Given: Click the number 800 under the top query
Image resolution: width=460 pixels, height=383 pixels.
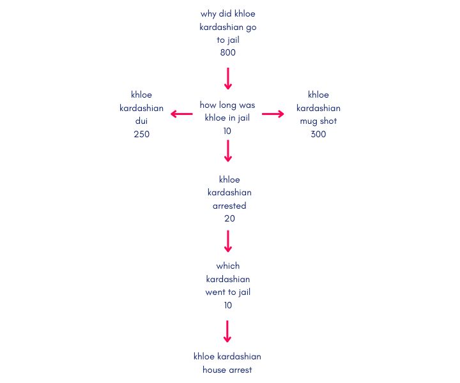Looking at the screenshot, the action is point(228,52).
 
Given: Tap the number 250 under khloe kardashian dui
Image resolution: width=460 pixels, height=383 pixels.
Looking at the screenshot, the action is point(141,134).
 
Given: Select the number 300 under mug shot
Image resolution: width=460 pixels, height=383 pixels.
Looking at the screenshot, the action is point(318,134).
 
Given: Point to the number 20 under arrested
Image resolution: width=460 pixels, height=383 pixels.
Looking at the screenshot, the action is point(229,218).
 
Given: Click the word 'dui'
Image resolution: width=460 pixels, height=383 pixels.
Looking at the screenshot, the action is point(141,121).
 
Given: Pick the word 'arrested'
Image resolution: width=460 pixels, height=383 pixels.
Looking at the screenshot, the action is point(229,206).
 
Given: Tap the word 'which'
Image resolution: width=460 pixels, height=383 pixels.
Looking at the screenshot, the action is point(228,266).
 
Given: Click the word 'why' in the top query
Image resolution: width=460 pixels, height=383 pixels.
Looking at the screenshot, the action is point(208,14).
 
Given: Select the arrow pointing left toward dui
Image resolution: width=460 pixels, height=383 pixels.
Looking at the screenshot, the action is point(181,114).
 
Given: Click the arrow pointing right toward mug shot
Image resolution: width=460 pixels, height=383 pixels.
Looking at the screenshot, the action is point(273,114).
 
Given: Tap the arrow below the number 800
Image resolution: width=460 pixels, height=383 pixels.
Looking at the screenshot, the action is point(228,79).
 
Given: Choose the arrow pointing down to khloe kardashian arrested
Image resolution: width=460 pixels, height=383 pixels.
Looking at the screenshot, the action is point(228,151).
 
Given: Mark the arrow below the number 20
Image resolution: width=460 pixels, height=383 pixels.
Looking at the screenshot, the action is point(228,241).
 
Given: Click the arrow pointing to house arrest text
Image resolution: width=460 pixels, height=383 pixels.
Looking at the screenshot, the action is point(227,331).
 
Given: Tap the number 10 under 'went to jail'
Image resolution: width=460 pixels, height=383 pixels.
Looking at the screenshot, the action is point(228,305).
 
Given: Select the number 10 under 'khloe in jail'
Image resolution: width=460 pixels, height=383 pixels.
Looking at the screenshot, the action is point(227,131).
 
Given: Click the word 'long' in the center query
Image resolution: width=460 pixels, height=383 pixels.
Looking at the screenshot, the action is point(227,105).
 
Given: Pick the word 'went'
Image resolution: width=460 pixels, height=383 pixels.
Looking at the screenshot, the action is point(215,292).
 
